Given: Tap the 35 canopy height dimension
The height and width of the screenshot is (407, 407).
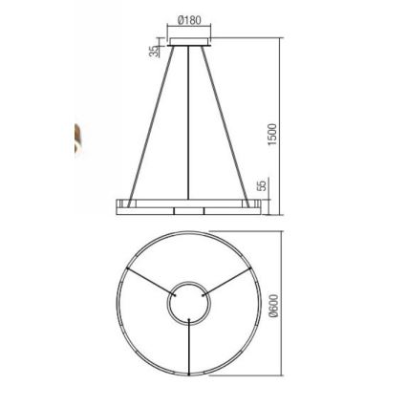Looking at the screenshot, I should click(x=153, y=52).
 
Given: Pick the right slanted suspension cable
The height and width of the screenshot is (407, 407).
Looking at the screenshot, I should click(x=233, y=124).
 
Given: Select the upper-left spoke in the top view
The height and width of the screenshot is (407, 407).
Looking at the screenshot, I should click(x=148, y=284).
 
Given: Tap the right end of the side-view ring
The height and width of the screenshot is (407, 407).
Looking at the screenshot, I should click(x=258, y=203).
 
